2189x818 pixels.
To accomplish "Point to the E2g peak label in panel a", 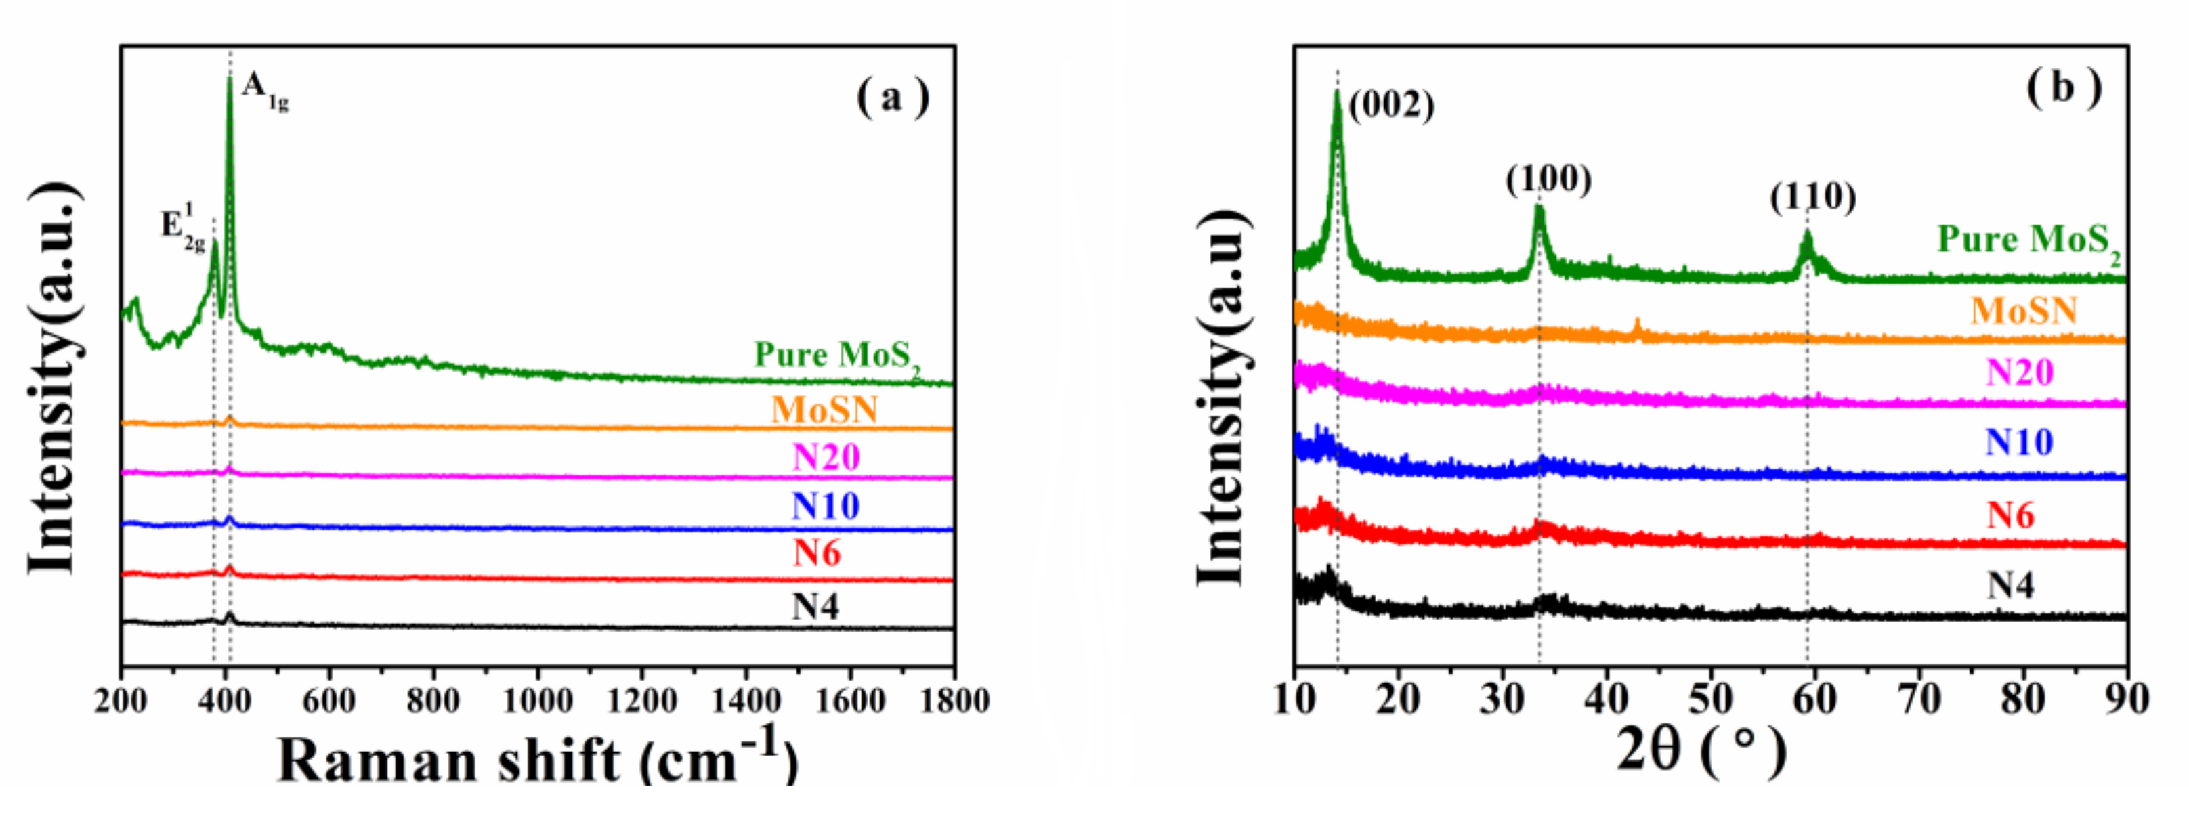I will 184,228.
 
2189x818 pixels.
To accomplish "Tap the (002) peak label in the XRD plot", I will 1391,106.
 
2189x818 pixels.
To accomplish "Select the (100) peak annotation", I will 1548,179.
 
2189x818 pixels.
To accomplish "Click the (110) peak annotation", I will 1812,197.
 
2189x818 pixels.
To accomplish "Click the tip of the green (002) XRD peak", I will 1337,91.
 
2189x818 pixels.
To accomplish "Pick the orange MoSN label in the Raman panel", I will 824,410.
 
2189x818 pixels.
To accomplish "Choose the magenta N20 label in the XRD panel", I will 2019,372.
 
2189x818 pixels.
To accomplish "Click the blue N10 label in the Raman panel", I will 825,507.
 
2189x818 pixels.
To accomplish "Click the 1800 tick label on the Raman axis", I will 954,702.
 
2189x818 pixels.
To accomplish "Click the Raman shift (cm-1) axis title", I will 537,758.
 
